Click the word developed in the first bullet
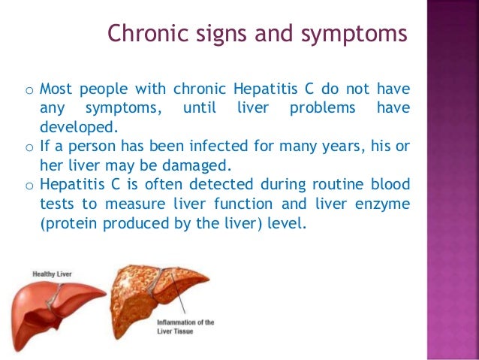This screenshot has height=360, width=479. click(x=72, y=127)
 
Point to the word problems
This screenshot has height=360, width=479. click(x=323, y=108)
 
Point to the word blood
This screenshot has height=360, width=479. click(x=390, y=184)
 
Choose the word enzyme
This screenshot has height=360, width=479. click(x=383, y=203)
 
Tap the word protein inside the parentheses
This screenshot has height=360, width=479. click(x=67, y=222)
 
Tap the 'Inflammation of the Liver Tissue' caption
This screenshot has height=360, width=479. click(x=185, y=327)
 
